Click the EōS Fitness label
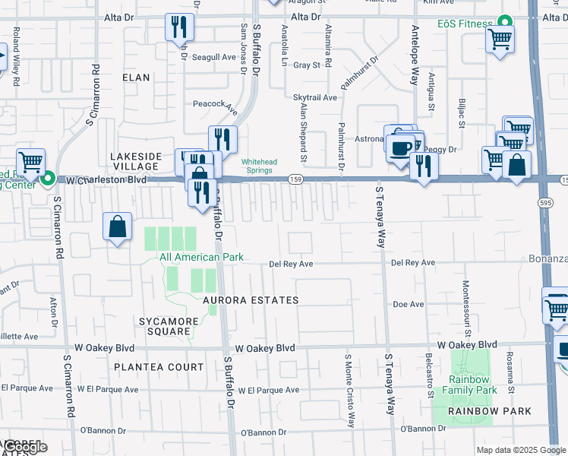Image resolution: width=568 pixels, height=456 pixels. [x=465, y=24]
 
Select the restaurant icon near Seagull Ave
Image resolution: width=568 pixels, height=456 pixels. [x=179, y=28]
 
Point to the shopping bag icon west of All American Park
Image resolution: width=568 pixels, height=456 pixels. [x=117, y=226]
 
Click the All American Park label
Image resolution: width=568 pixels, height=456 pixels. [x=201, y=257]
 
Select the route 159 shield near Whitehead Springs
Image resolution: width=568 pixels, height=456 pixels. [x=295, y=179]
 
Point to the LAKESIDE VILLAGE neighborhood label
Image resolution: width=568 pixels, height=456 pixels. [x=137, y=162]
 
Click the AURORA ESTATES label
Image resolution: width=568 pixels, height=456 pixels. [x=251, y=300]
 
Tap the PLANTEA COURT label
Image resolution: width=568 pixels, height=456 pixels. [x=159, y=367]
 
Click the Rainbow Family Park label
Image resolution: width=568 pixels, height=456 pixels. [x=472, y=385]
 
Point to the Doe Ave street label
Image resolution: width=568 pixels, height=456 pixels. [x=408, y=304]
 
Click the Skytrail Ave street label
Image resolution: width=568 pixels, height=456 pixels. [x=314, y=97]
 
